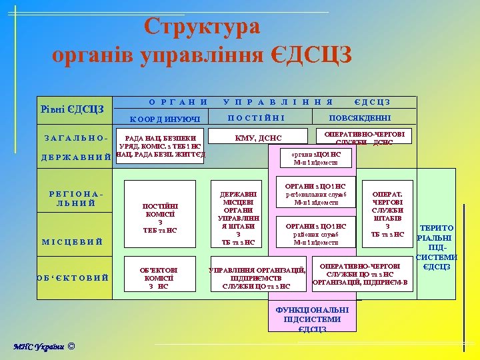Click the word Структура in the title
(202, 27)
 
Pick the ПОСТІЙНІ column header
(257, 118)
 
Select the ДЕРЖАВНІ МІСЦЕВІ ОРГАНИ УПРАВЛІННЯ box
(238, 213)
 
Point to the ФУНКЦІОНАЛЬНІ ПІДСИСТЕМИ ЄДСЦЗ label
(312, 319)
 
